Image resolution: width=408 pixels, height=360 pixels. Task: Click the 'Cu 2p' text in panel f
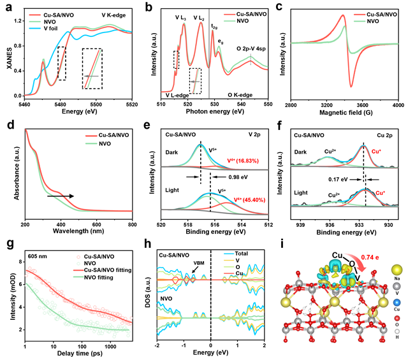coord(379,135)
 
